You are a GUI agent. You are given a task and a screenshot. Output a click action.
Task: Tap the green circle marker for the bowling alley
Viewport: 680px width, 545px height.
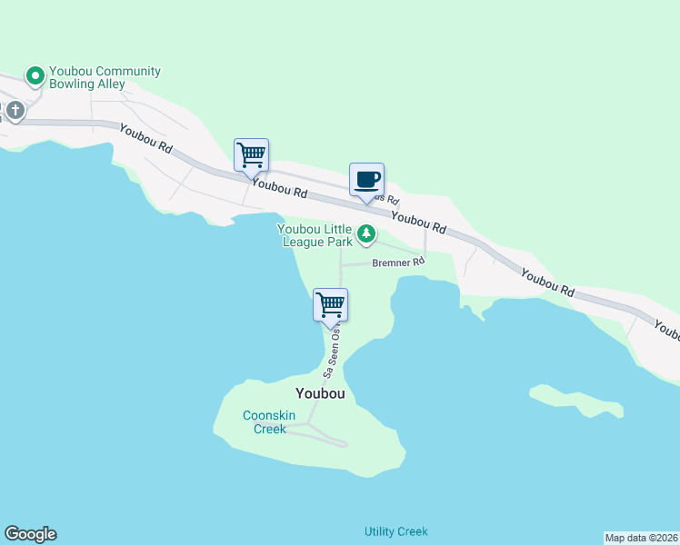(x=35, y=76)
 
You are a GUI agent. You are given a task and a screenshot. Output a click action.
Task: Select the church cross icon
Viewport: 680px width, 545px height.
(x=15, y=111)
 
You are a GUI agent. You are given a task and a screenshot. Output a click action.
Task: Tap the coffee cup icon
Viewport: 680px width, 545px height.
(x=366, y=179)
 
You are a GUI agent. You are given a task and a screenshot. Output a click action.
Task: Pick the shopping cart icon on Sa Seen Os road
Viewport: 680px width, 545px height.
(x=330, y=304)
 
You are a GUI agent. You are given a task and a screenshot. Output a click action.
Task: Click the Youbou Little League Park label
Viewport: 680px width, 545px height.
(x=315, y=236)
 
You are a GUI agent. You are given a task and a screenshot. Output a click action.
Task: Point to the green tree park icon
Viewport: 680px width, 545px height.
(x=366, y=235)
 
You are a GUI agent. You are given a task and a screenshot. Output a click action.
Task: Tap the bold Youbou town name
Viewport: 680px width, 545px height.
(x=319, y=393)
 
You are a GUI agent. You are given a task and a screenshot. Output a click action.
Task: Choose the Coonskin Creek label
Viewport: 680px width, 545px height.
(x=265, y=422)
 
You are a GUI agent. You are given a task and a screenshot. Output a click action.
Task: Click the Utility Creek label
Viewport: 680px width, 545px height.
(x=395, y=531)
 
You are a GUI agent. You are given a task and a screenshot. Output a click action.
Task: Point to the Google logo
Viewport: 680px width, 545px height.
(x=30, y=534)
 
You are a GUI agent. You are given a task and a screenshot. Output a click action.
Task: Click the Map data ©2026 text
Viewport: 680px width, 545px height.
(x=642, y=537)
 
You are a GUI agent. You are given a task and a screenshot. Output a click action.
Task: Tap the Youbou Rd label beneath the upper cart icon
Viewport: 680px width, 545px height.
(x=280, y=190)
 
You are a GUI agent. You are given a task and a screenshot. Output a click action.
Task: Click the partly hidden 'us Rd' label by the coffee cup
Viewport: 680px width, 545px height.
(x=388, y=198)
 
